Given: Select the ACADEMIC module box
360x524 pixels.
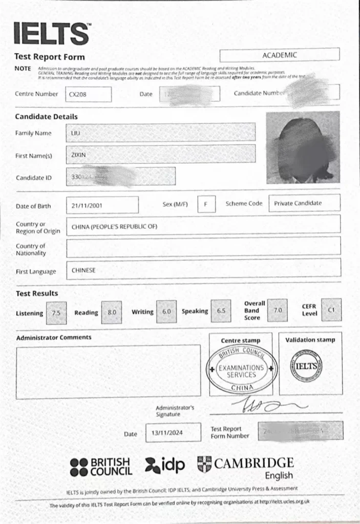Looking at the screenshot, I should [279, 55].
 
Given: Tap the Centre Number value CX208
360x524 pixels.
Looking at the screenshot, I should [88, 94].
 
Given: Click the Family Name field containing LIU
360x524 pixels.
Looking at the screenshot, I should [160, 132].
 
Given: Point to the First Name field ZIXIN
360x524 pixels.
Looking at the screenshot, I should [160, 154].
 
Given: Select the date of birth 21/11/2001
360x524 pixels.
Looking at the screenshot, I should [102, 205].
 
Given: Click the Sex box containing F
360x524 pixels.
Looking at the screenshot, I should [206, 204].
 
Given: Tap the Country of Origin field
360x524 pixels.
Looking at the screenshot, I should [203, 226].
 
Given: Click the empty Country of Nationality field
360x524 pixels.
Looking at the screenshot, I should [203, 247].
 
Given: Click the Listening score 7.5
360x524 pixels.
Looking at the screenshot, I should [56, 313].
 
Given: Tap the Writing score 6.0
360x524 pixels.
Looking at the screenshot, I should [167, 311].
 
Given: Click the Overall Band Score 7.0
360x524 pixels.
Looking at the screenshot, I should [278, 310].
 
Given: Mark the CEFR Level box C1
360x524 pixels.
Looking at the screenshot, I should [331, 310].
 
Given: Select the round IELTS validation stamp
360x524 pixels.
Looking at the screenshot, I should [310, 366].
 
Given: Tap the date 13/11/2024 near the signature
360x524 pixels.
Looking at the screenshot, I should [167, 432].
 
